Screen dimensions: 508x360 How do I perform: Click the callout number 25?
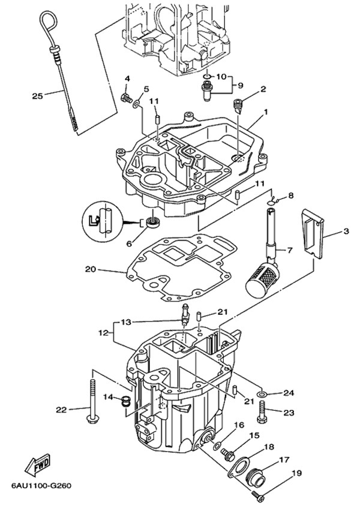pos(37,95)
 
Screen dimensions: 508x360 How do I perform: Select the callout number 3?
pos(346,231)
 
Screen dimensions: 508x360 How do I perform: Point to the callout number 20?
pos(90,270)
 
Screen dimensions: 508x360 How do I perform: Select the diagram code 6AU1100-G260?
pos(40,485)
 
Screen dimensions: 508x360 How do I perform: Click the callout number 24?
pos(289,393)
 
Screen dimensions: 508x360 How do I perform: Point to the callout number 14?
pos(107,396)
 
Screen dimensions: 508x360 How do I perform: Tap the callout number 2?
pos(263,90)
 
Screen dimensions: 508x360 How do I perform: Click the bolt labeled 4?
pos(126,98)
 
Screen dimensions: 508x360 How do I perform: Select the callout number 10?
pos(220,77)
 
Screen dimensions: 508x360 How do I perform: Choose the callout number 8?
pos(291,196)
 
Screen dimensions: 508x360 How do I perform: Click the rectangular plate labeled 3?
pos(312,237)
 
